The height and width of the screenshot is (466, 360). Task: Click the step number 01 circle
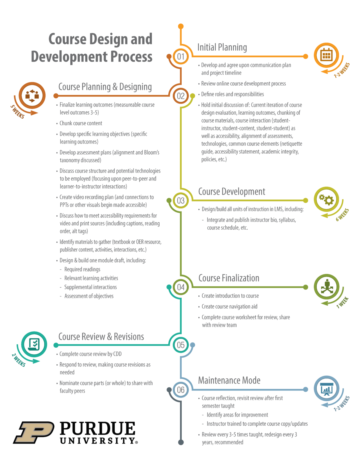pos(181,56)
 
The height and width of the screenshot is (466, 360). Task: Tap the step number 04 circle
pos(181,287)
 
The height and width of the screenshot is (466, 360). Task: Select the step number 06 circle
pos(181,390)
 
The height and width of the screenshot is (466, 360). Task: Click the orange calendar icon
pos(326,56)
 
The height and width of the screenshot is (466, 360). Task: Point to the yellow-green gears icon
pos(326,200)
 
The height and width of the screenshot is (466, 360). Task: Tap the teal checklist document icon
pos(34,344)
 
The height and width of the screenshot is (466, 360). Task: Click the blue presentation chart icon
pos(326,389)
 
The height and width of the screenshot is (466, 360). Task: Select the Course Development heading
pos(231,192)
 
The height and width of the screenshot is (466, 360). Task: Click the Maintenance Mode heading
pos(229,380)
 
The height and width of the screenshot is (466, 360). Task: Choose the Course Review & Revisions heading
pos(101,337)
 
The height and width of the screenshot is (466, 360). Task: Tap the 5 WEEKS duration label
pos(17,111)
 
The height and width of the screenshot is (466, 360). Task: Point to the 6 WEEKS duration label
pos(342,214)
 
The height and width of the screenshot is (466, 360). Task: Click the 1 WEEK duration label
pos(342,302)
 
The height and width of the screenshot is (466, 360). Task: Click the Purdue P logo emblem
pos(34,432)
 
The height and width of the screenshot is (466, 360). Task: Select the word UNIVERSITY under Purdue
pos(97,441)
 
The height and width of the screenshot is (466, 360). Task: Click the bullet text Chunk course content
pos(81,123)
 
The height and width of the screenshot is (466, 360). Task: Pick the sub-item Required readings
pos(82,269)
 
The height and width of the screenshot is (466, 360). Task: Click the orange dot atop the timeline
pos(181,26)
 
